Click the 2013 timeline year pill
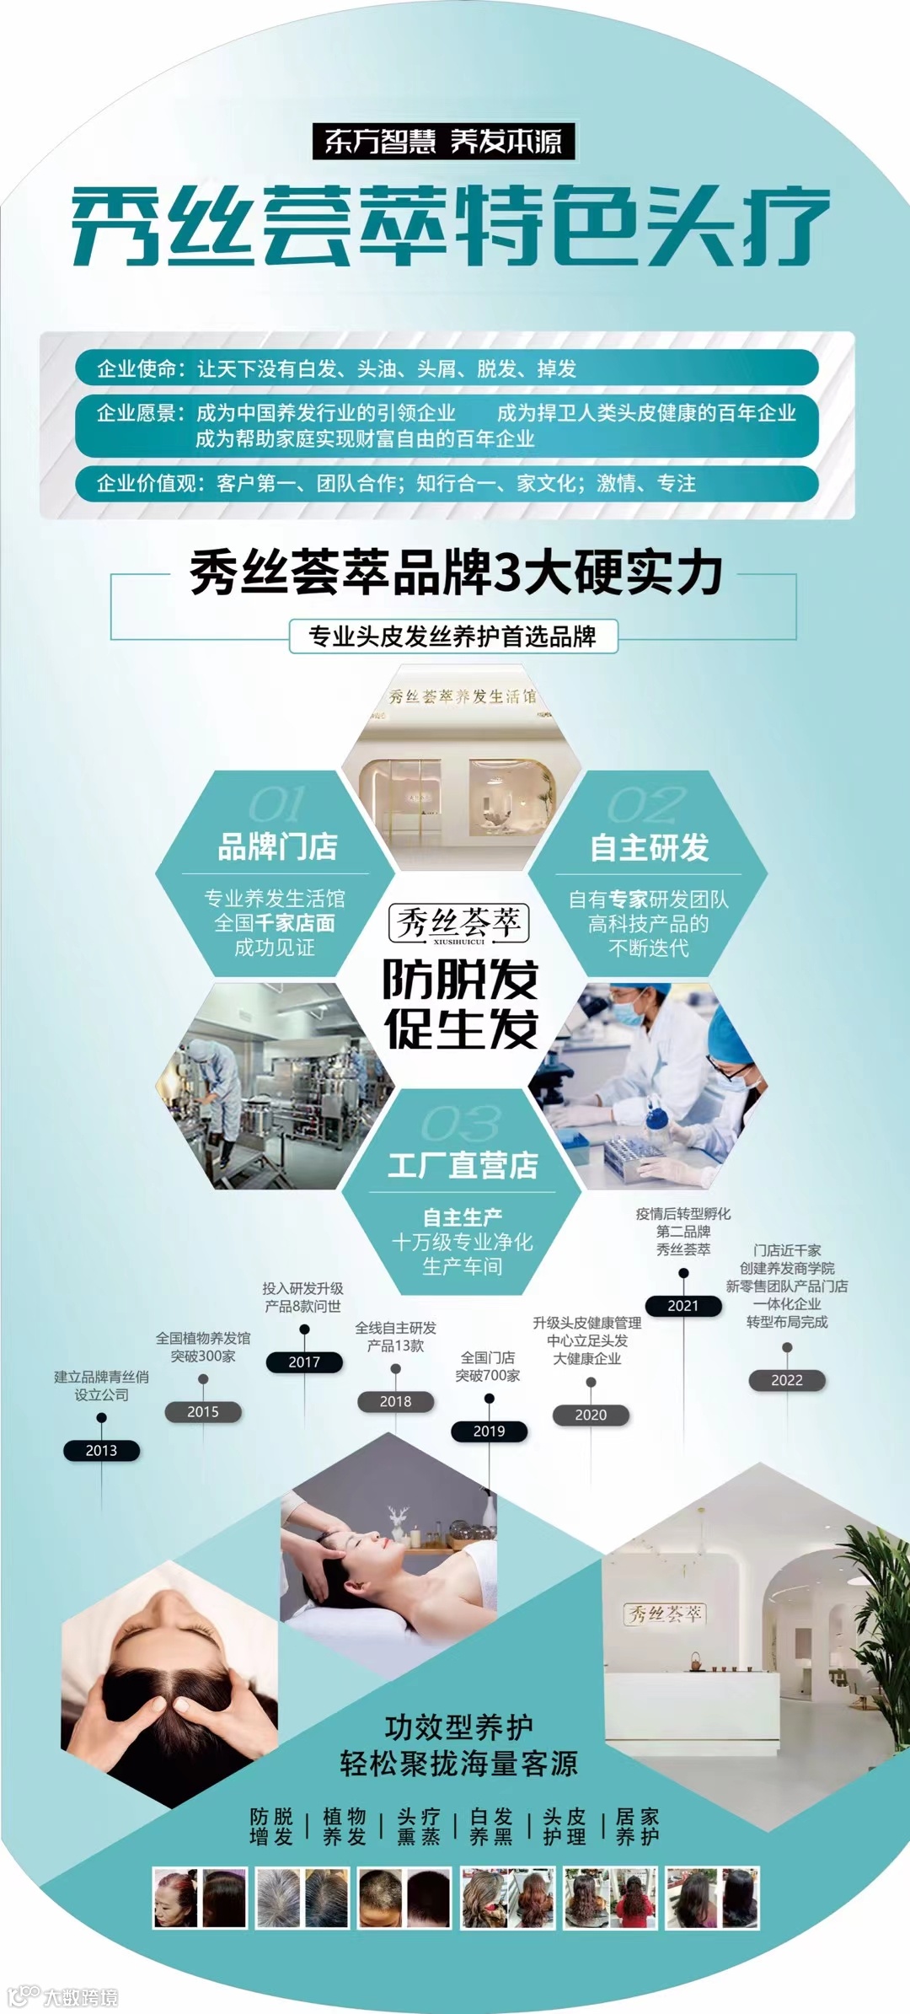click(101, 1450)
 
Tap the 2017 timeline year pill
click(304, 1361)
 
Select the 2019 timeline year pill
click(489, 1431)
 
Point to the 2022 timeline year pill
click(787, 1380)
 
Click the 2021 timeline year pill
click(683, 1306)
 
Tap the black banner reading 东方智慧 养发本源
click(443, 142)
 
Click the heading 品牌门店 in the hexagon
click(277, 846)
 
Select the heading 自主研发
click(649, 847)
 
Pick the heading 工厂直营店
click(463, 1165)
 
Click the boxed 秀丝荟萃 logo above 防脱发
click(459, 924)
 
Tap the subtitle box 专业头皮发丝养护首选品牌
click(453, 636)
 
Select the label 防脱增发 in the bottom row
click(271, 1827)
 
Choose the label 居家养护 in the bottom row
click(637, 1827)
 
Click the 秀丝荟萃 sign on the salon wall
click(665, 1614)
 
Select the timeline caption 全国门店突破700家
click(488, 1366)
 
